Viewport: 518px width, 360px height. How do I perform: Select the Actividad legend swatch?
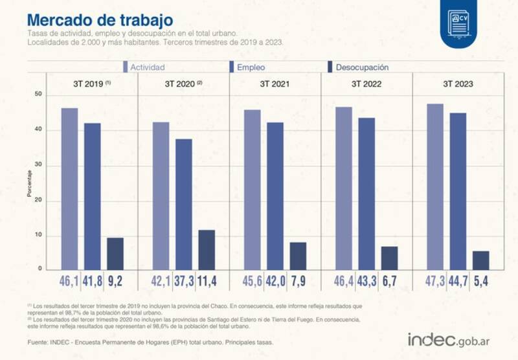(126, 67)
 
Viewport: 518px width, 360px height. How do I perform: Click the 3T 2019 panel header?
(91, 84)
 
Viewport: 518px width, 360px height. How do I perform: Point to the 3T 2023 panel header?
(458, 84)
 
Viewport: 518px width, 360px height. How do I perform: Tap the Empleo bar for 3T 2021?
(275, 196)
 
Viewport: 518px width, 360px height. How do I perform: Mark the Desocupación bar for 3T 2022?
(389, 258)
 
